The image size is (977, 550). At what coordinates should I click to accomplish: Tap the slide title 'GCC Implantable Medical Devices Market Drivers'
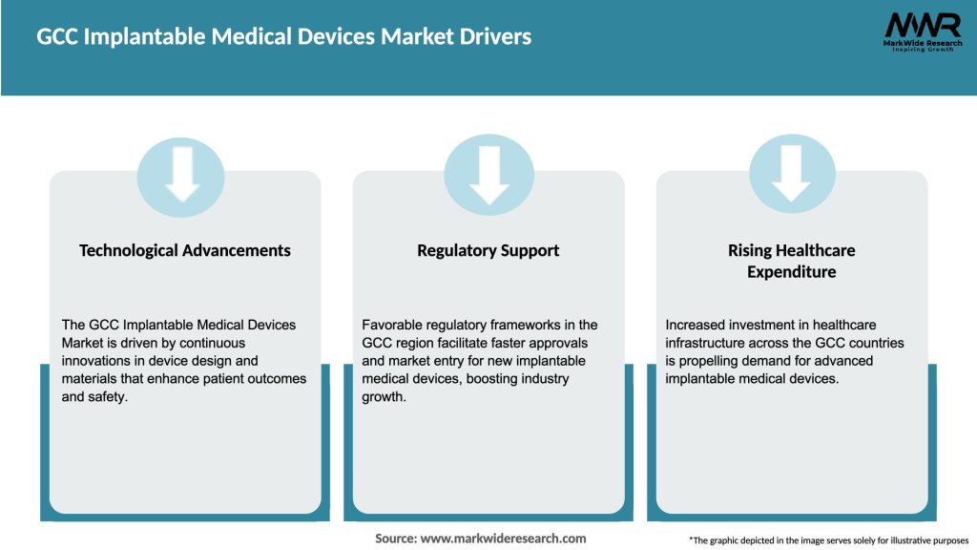tap(283, 37)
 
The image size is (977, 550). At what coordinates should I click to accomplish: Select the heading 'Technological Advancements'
tap(185, 250)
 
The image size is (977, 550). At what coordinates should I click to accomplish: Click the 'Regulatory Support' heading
tap(488, 250)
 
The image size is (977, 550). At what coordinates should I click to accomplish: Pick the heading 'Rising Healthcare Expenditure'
tap(792, 261)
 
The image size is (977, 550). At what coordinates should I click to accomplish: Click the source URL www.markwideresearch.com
tap(503, 539)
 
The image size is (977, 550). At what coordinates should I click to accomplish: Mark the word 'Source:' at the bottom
tap(395, 539)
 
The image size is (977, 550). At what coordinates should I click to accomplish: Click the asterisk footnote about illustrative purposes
tap(827, 540)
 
